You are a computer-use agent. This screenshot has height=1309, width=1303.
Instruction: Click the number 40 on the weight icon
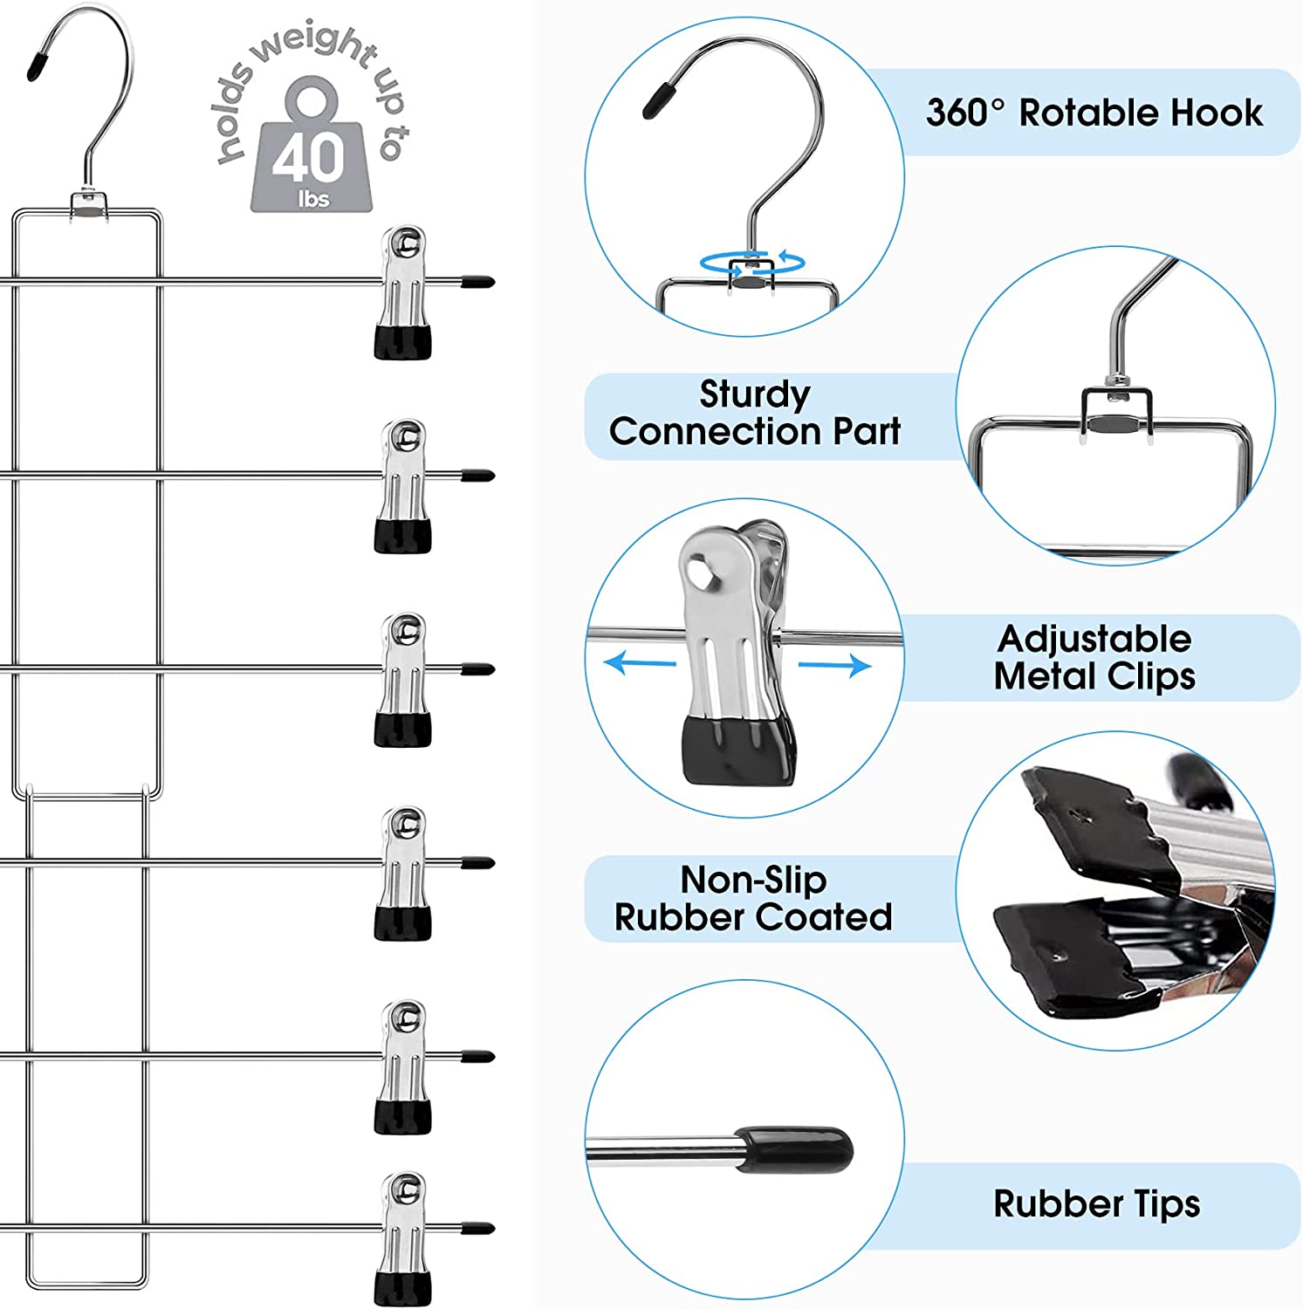[x=308, y=157]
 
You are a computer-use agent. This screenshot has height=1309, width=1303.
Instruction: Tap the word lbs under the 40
[x=313, y=199]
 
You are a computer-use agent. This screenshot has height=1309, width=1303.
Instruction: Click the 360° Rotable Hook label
[x=1094, y=113]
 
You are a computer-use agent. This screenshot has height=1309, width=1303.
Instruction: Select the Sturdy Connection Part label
[x=755, y=413]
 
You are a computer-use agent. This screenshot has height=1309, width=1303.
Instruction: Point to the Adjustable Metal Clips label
[x=1094, y=657]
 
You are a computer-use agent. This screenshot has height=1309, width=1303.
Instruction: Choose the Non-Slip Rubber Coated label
[x=753, y=898]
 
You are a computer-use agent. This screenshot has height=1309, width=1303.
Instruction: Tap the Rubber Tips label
[x=1096, y=1204]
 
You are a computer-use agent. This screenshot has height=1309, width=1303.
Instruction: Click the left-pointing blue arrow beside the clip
[x=639, y=663]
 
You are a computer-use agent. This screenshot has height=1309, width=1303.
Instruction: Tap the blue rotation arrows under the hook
[x=751, y=261]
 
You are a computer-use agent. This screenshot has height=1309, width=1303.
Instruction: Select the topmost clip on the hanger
[x=402, y=292]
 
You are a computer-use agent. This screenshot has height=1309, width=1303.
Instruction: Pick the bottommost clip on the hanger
[x=402, y=1239]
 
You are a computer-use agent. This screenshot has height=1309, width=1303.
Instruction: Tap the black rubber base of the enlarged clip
[x=738, y=750]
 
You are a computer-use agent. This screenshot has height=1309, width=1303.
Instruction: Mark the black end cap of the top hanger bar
[x=477, y=282]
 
